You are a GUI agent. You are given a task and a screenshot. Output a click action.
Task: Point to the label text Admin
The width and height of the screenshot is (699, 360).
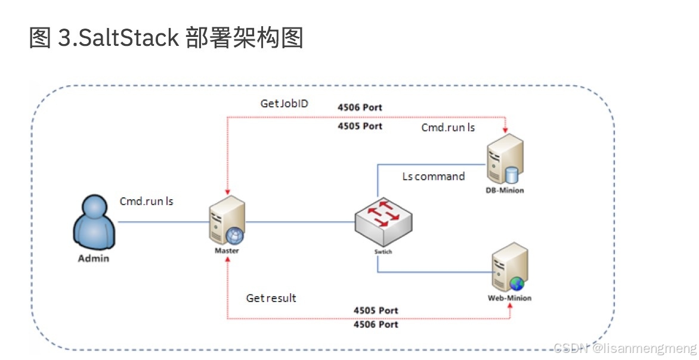pos(94,259)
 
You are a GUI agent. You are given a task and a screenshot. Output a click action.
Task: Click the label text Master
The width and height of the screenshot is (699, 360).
pos(227,251)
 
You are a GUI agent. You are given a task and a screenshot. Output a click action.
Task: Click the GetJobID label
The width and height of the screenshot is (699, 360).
pos(284,104)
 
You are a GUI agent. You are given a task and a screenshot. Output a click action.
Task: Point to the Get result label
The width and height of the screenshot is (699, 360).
pos(271,298)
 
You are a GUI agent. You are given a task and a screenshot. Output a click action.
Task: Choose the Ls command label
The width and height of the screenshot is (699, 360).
pos(434,176)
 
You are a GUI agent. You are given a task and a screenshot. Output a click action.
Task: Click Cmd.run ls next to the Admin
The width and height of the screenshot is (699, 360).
pos(147,201)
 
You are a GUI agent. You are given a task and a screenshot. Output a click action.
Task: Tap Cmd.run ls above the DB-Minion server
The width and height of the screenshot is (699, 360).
pos(448,128)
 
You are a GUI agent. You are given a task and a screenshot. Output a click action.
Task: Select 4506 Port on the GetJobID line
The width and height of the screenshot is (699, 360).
pos(360,108)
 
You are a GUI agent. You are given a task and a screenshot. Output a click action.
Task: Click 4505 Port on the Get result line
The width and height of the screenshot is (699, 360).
pos(376,311)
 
